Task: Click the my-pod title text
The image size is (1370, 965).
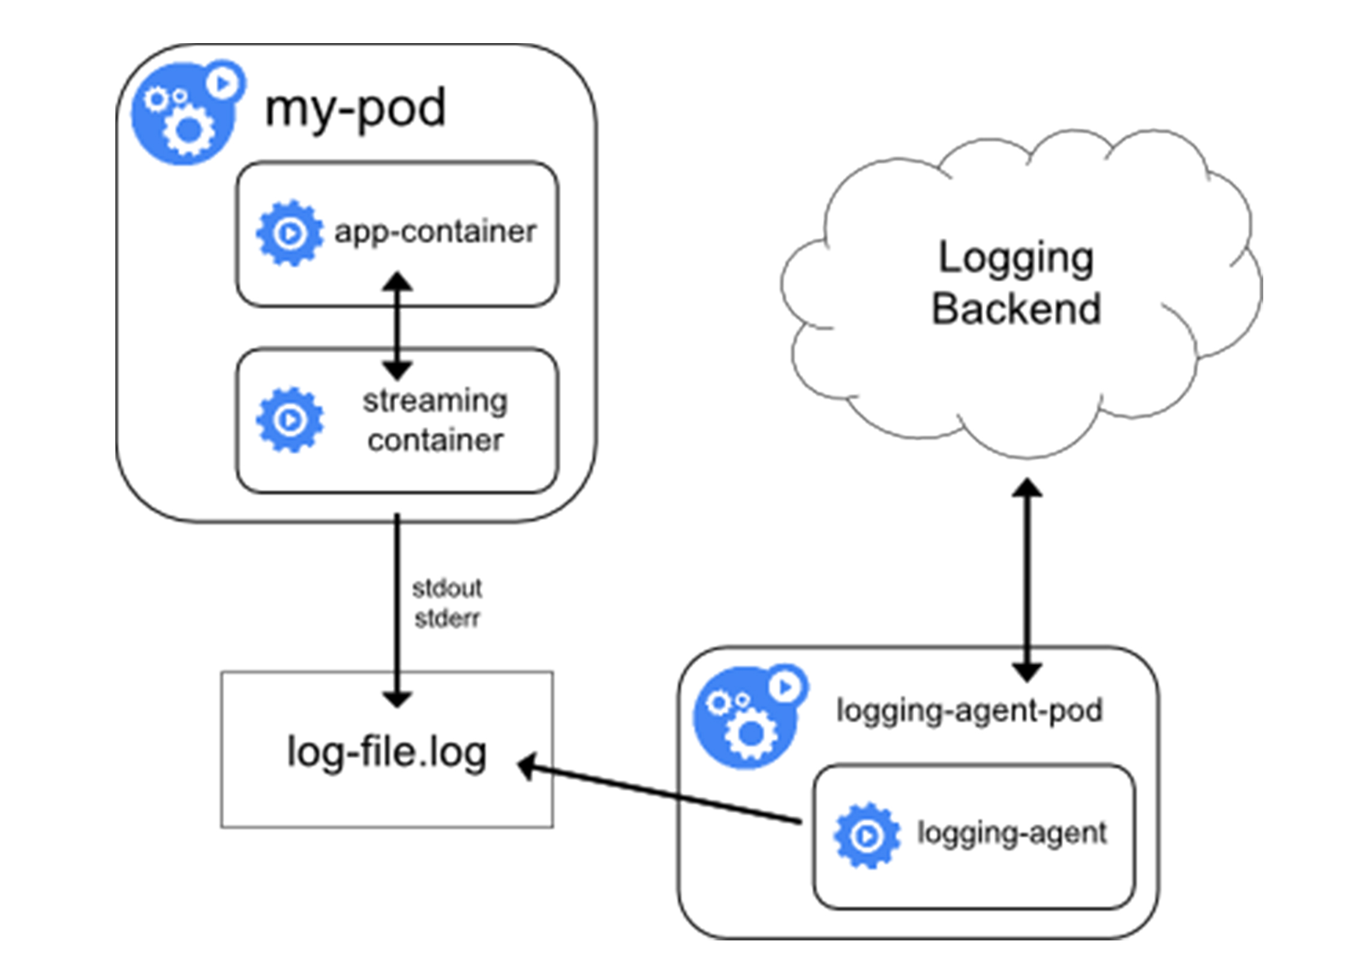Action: click(355, 109)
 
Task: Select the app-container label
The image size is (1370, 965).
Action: click(435, 232)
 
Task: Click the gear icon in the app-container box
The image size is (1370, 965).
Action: click(290, 233)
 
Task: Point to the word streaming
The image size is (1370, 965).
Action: click(435, 401)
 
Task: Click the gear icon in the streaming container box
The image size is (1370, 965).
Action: click(290, 420)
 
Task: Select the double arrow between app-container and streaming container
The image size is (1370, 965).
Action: click(397, 327)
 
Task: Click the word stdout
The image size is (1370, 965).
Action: click(447, 589)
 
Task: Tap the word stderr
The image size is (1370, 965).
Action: click(447, 619)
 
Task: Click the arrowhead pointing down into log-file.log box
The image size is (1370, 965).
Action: click(397, 699)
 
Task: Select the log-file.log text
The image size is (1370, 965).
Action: click(387, 752)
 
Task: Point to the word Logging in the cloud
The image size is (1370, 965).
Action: click(1016, 258)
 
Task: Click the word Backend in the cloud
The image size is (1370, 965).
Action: click(1016, 309)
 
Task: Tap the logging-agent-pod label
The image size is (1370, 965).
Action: click(969, 711)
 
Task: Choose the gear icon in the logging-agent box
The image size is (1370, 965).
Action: click(867, 836)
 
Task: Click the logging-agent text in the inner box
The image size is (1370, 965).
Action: click(1012, 833)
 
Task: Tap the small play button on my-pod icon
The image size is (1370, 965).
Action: click(224, 83)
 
